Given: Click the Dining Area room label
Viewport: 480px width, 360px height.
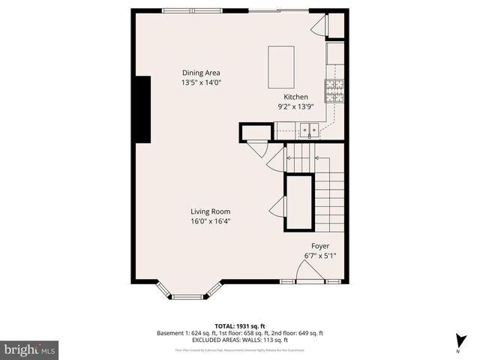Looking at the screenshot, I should (x=201, y=73).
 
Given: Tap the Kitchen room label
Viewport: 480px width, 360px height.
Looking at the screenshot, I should (x=295, y=97).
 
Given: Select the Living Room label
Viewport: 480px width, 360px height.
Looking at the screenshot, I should (x=210, y=211).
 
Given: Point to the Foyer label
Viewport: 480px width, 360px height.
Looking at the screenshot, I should (x=320, y=246).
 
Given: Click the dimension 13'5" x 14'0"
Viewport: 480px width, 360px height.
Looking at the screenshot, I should (x=201, y=82).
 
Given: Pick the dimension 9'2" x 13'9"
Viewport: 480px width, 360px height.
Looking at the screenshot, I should (x=295, y=107).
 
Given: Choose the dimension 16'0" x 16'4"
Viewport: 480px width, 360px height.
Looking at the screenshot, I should (x=210, y=221).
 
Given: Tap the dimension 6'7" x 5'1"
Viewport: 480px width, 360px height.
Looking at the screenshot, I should (x=320, y=256).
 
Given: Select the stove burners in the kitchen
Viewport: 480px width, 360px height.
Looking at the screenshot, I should (x=334, y=91).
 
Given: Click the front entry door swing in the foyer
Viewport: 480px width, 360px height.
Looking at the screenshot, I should (x=309, y=273).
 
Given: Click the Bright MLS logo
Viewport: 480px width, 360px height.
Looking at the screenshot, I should (x=29, y=349).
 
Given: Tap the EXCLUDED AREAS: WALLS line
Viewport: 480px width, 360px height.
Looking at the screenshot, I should (x=240, y=341).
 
